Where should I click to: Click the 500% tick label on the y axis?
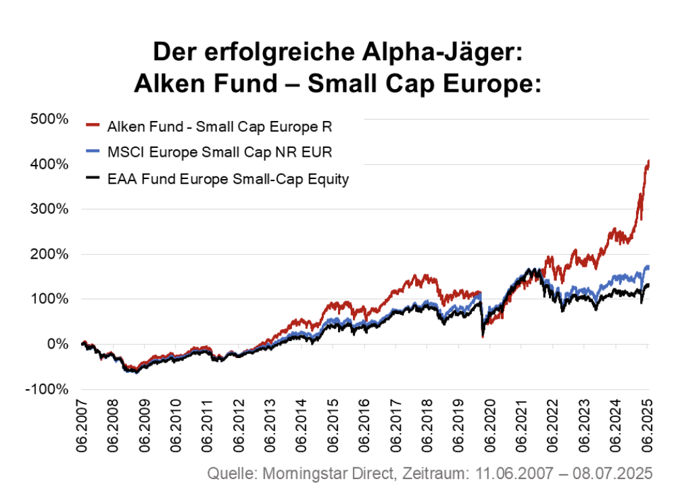[x=49, y=119]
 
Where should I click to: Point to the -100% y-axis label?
[x=47, y=390]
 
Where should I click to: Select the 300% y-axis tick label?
[x=49, y=209]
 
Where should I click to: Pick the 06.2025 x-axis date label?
[x=647, y=424]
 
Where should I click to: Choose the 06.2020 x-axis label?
[x=490, y=424]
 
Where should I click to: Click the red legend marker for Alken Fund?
[x=93, y=126]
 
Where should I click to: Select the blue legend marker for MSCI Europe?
[x=93, y=152]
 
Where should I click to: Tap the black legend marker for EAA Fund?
[x=93, y=179]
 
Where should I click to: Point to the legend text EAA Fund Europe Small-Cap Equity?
[x=228, y=179]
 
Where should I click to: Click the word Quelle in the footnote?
[x=230, y=473]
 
